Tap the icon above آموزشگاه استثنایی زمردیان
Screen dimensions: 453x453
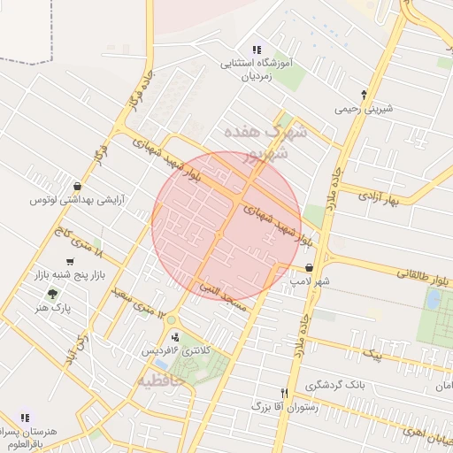(x=257, y=50)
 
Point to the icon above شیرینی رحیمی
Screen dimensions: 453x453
(x=364, y=95)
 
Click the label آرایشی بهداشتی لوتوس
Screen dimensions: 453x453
(x=77, y=201)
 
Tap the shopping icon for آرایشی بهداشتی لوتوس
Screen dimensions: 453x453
(x=78, y=187)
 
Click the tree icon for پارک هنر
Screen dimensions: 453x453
(x=54, y=294)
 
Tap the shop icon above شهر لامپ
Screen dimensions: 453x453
(x=309, y=266)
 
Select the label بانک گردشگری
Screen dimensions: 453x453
(x=335, y=386)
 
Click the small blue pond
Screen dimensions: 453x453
(x=434, y=299)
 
